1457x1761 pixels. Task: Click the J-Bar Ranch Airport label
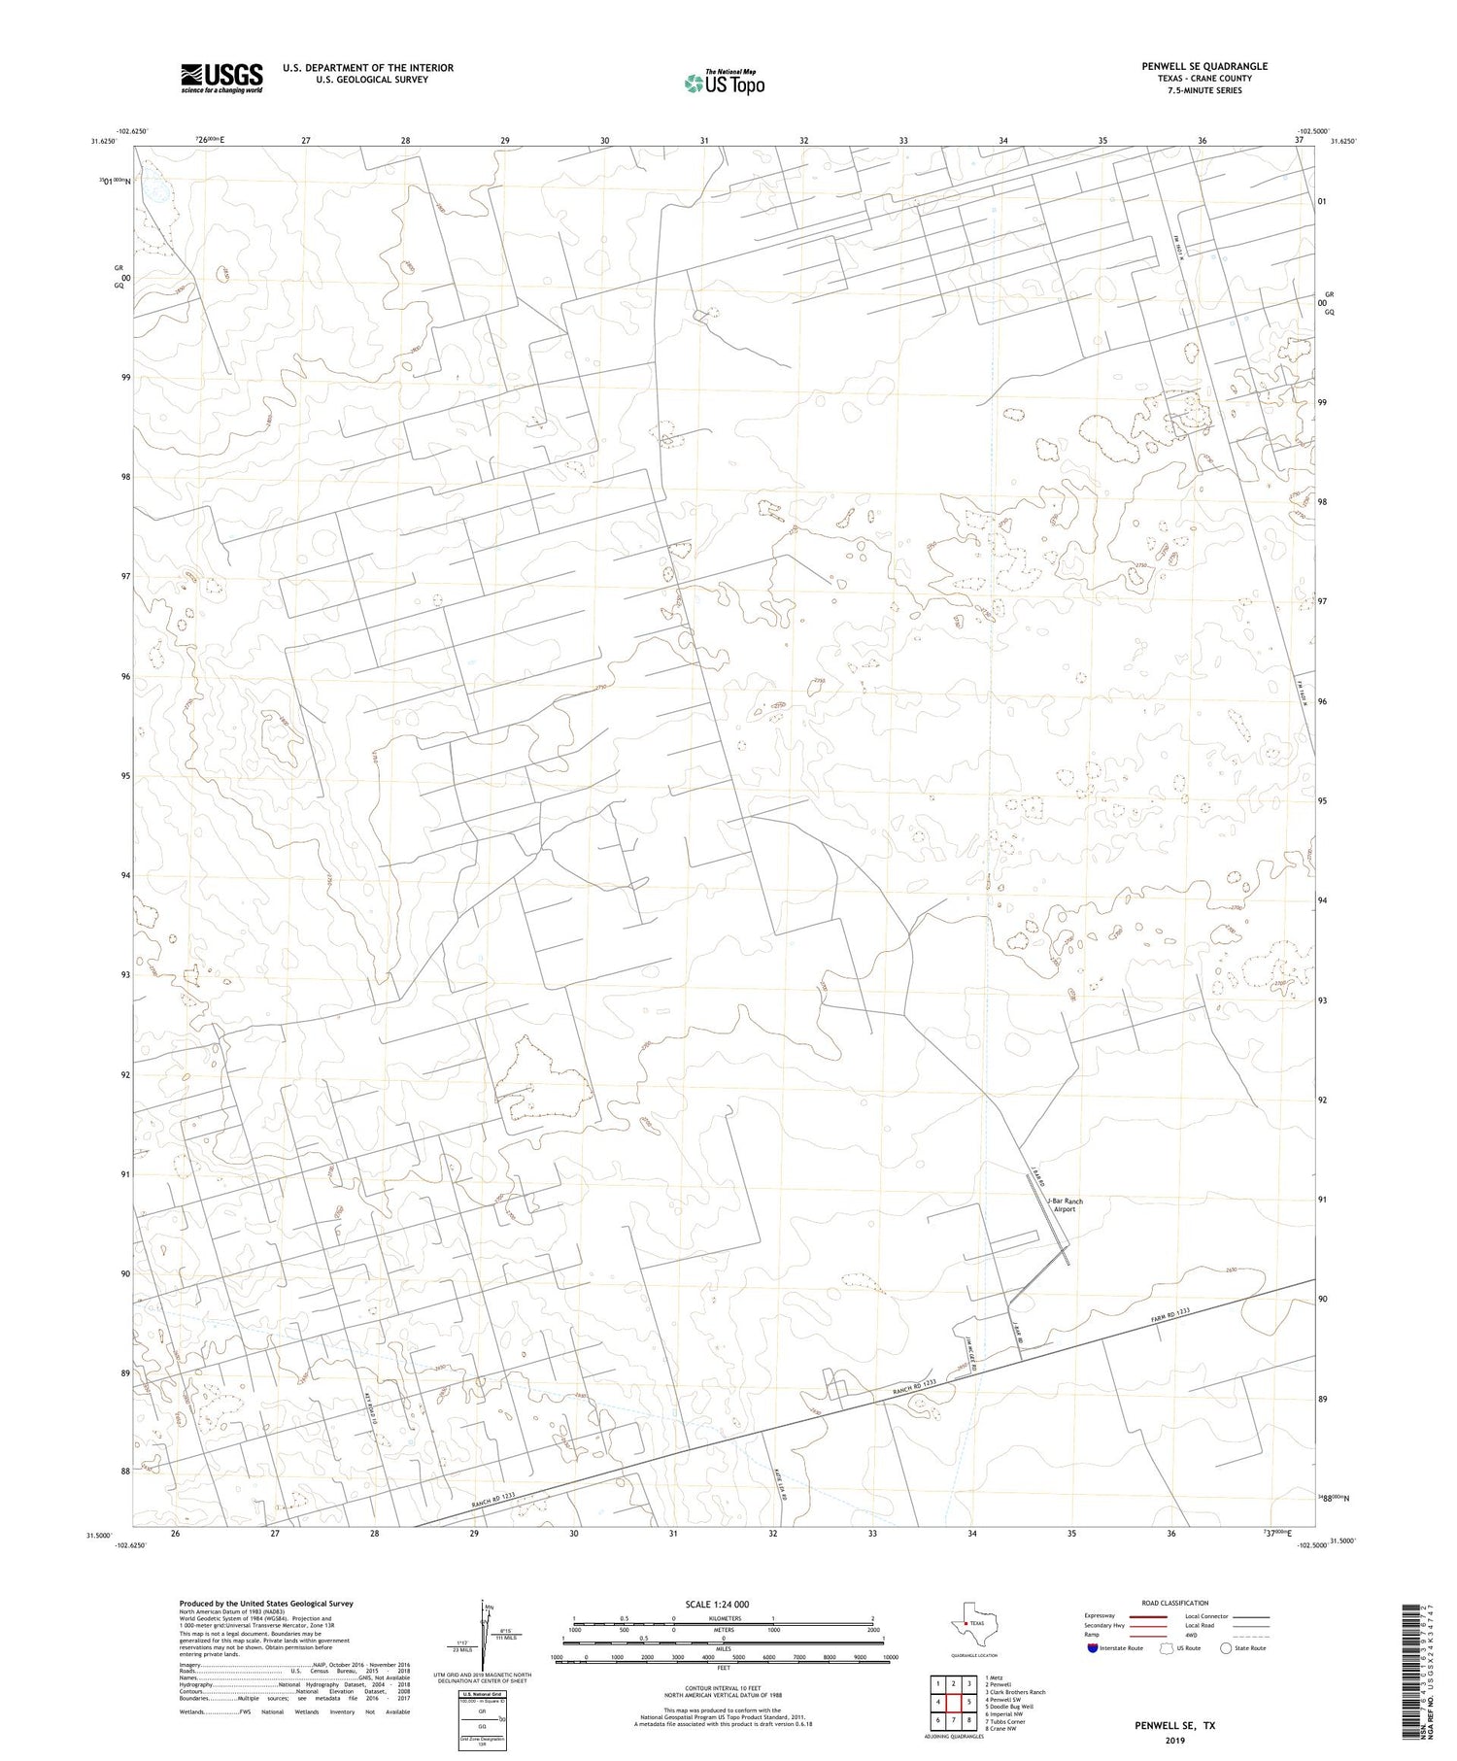(x=1065, y=1205)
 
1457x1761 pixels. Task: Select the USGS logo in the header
(x=221, y=78)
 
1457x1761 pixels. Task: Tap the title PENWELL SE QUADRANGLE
(x=1204, y=66)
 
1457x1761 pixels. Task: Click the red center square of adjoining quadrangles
(x=955, y=1702)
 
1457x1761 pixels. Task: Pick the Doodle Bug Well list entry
(x=1009, y=1707)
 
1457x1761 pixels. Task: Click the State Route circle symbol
(x=1226, y=1648)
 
